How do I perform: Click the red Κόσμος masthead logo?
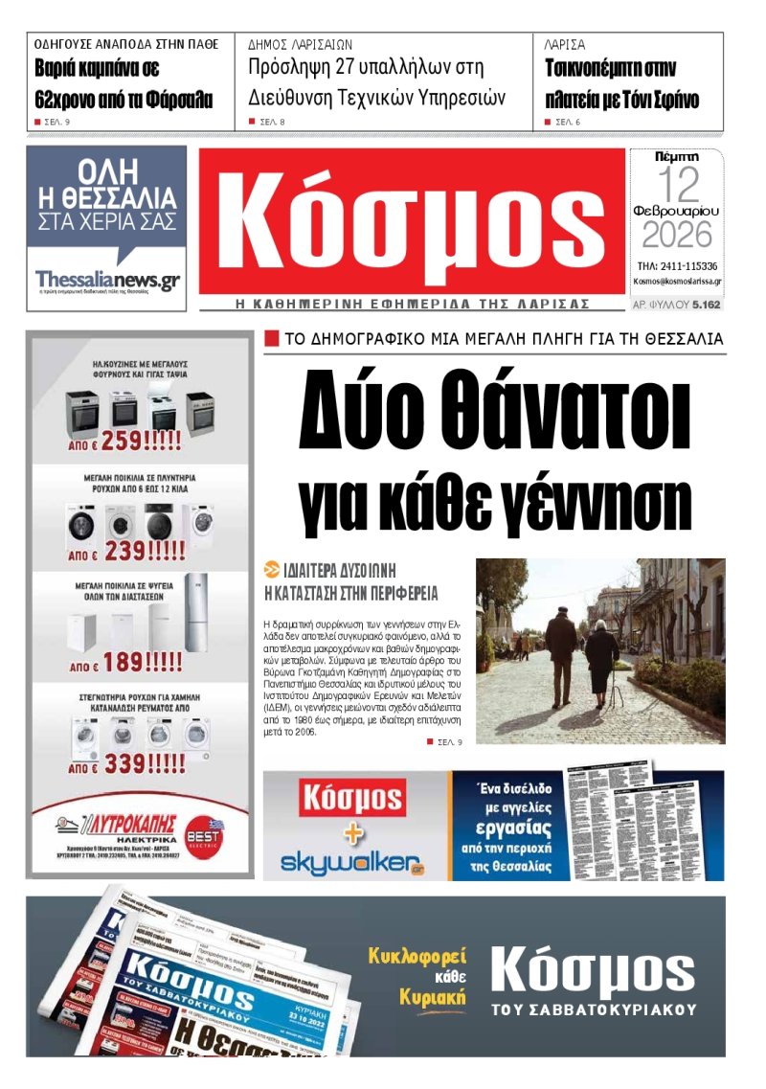(412, 222)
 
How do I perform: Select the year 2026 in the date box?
(677, 234)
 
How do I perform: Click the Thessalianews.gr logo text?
(107, 279)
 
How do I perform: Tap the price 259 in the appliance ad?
(141, 441)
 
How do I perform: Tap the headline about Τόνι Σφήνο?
(622, 84)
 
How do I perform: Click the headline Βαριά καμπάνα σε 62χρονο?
(124, 84)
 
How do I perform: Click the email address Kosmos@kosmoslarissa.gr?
(677, 282)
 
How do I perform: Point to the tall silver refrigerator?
(194, 613)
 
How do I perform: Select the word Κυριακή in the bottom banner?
(433, 996)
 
